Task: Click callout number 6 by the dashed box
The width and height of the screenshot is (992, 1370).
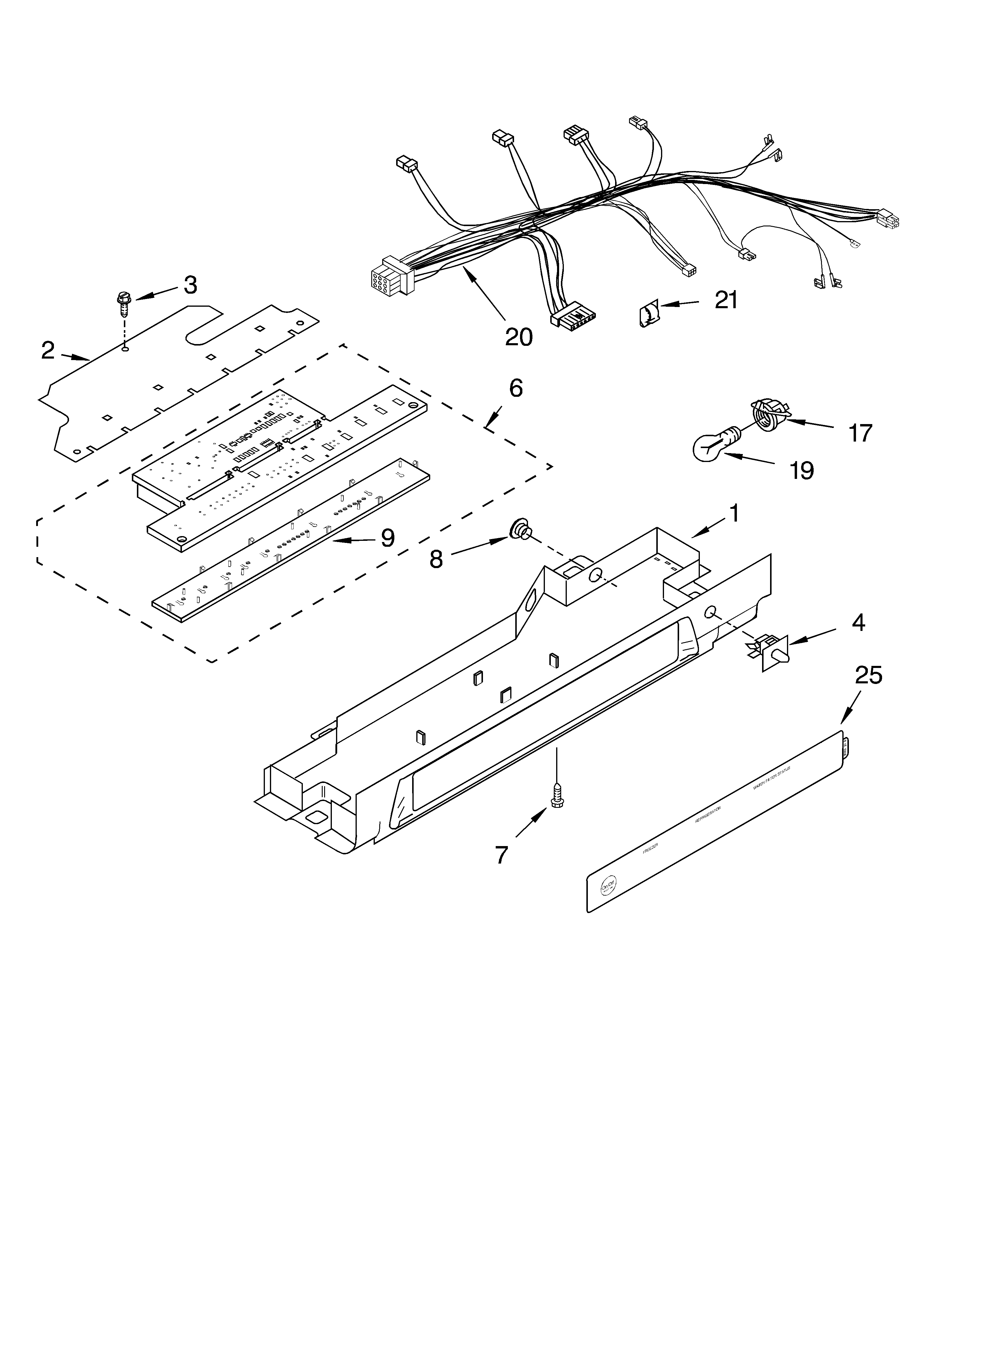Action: (515, 389)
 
